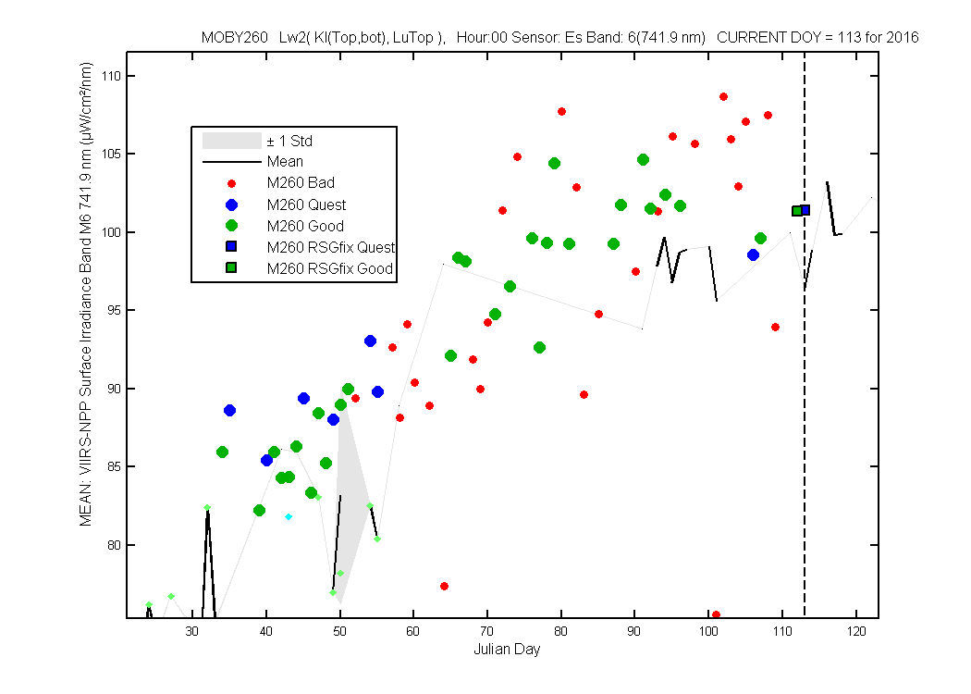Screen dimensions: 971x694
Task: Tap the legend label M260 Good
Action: (x=305, y=226)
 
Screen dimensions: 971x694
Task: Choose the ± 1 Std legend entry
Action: (x=258, y=141)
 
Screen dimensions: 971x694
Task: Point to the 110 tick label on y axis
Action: (x=112, y=76)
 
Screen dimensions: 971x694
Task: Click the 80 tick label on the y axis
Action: (x=114, y=545)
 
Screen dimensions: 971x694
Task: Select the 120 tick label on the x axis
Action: (x=856, y=631)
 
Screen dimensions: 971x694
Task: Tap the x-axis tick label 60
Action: (x=413, y=631)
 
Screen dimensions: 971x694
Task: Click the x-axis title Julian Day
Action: (x=507, y=650)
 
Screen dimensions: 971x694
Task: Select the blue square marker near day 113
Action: (x=805, y=210)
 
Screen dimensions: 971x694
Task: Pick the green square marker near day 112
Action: (x=797, y=211)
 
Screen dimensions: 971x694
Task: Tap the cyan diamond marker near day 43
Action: (x=289, y=516)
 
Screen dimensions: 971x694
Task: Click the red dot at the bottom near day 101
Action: (x=716, y=615)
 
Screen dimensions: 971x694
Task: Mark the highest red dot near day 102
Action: (x=723, y=96)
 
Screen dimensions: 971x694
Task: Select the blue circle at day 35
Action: (x=229, y=410)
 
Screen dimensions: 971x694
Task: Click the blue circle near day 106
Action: (x=753, y=254)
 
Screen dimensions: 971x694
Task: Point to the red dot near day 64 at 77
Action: (x=444, y=586)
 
